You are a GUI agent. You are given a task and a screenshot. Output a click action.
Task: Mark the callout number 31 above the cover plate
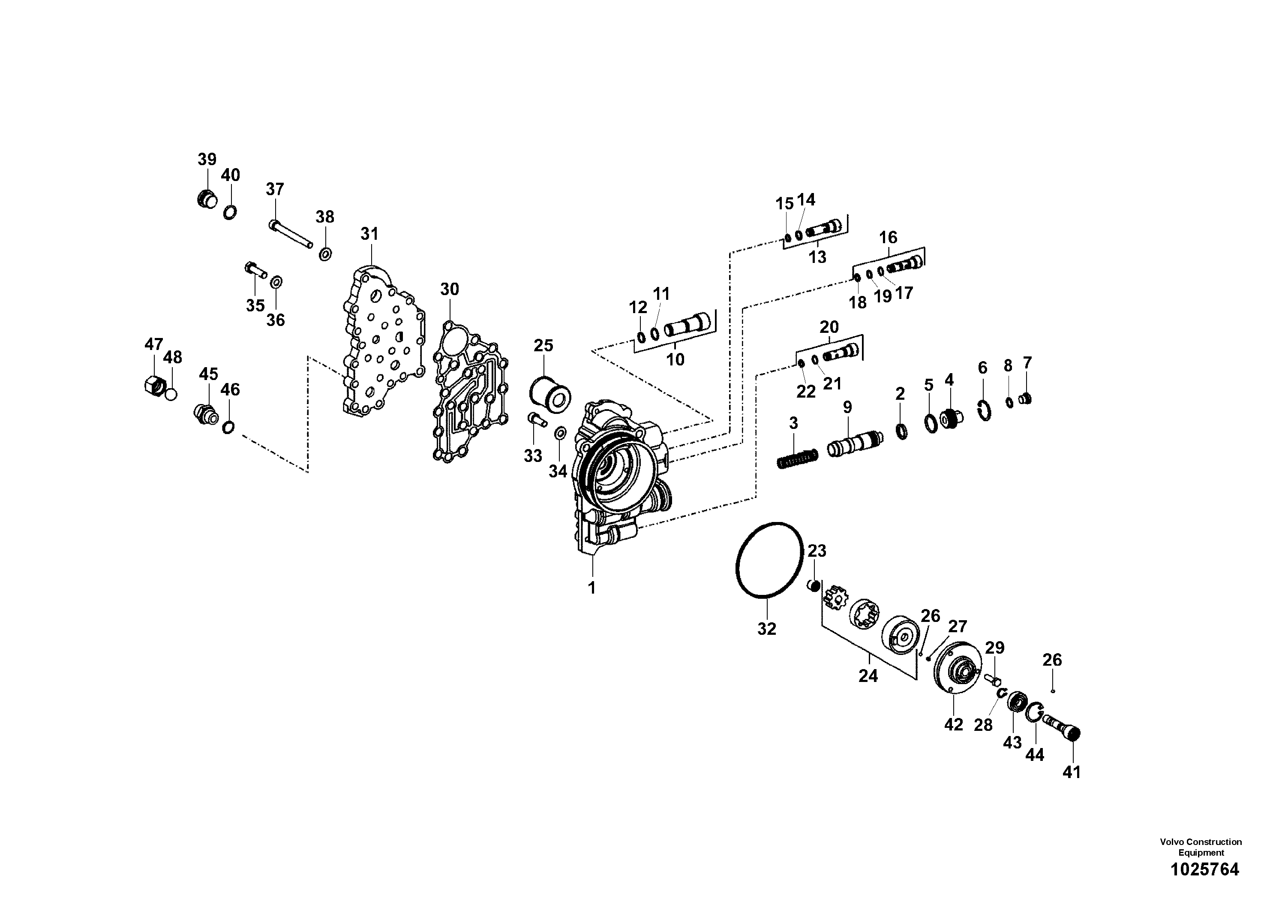369,234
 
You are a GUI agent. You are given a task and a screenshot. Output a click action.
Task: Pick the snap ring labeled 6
984,411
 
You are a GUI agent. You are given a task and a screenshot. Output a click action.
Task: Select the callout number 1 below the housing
592,588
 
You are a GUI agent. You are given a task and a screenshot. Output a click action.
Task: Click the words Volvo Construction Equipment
1201,847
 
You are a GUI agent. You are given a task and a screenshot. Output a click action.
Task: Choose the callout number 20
829,327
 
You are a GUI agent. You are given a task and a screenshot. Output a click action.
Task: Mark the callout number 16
888,238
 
